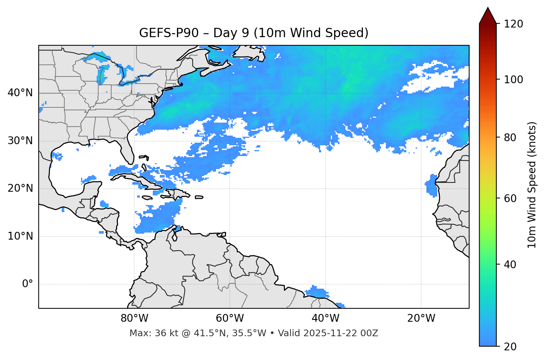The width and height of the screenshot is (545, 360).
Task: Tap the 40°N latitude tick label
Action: point(20,93)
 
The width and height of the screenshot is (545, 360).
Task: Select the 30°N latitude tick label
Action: point(20,141)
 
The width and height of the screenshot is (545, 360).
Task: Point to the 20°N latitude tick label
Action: point(20,188)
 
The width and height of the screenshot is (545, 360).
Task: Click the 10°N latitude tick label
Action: point(20,236)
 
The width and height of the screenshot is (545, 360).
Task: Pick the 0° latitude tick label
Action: point(28,284)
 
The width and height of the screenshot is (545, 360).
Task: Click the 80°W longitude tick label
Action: point(134,318)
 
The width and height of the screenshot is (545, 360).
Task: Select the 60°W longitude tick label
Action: point(230,318)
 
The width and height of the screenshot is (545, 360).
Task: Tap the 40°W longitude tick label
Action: point(325,318)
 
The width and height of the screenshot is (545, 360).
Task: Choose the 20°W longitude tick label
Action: point(421,318)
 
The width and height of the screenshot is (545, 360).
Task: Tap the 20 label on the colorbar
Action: point(510,347)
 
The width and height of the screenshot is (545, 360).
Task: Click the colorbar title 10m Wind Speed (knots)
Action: point(532,185)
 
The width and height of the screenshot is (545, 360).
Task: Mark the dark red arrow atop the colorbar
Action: point(488,16)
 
